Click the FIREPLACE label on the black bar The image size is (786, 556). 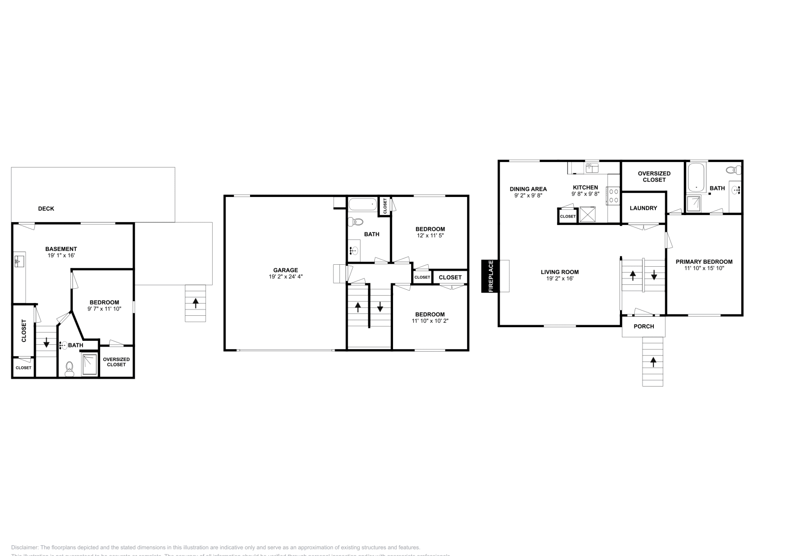[x=490, y=276]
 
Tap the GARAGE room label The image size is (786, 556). [x=285, y=270]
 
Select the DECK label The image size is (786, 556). [x=46, y=209]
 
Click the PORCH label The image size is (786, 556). [x=644, y=327]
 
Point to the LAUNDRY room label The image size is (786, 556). [x=643, y=208]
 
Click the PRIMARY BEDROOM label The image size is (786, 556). [x=703, y=262]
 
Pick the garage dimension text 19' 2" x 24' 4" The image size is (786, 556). [x=285, y=277]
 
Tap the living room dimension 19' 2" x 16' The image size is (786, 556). [x=560, y=278]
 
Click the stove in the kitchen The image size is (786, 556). [x=614, y=196]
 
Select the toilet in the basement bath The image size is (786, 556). [x=69, y=368]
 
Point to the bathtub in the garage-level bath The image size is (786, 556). [x=363, y=204]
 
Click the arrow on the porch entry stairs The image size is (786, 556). [x=653, y=362]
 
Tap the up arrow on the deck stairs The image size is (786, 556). [x=196, y=303]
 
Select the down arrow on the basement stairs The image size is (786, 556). [x=46, y=342]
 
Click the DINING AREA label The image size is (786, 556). [x=528, y=189]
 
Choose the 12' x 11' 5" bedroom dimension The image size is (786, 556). [x=430, y=236]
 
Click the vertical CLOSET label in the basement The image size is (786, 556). [x=24, y=331]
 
